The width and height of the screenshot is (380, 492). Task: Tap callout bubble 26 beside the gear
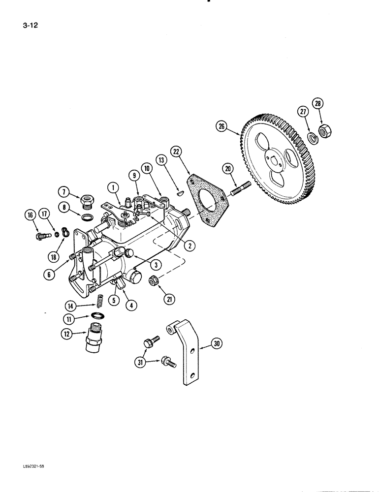click(222, 127)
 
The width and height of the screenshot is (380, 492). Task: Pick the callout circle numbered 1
click(113, 187)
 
